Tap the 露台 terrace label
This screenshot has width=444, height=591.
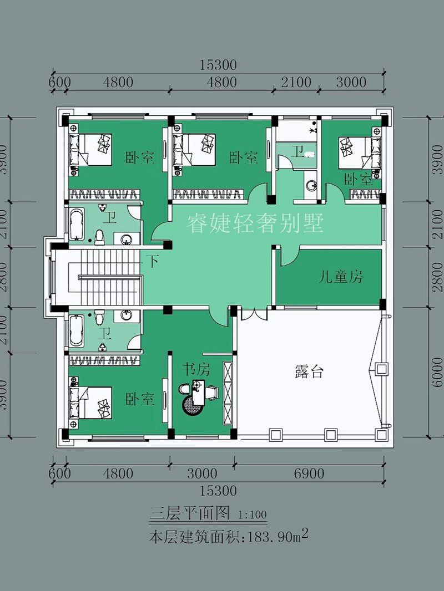309,372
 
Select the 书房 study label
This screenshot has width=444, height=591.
196,370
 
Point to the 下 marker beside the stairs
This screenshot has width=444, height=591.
152,261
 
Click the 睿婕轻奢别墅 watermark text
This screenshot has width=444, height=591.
255,225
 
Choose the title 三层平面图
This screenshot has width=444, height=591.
189,513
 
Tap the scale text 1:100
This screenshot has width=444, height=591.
253,514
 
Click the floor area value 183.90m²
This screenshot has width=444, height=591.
275,537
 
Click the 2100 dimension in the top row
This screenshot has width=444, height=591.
296,83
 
